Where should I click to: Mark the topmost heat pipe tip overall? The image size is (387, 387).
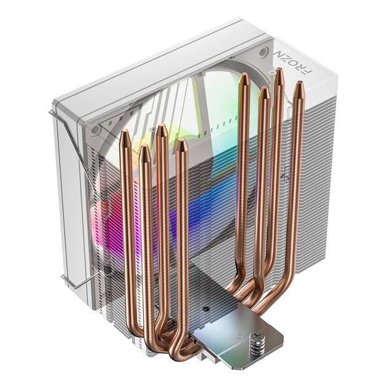[279, 73]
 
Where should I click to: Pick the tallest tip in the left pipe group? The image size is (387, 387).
[162, 130]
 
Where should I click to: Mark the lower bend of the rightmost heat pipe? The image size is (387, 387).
[270, 304]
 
